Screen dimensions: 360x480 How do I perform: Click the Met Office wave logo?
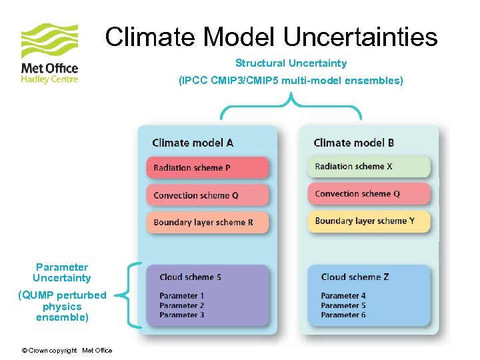(x=49, y=41)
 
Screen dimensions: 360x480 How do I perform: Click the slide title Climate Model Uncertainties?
(x=271, y=37)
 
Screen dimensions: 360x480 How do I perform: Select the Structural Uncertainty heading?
(x=291, y=63)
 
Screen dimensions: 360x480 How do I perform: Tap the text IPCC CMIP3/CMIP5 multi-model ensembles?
(x=291, y=81)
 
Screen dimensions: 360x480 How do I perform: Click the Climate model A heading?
(x=193, y=143)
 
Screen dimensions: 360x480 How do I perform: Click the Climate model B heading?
(x=353, y=143)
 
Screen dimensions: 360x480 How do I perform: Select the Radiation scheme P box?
(x=207, y=168)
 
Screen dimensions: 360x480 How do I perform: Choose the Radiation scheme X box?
(x=369, y=167)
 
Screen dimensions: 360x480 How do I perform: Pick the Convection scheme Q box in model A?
(x=207, y=195)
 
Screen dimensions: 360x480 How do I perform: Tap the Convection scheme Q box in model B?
(x=369, y=194)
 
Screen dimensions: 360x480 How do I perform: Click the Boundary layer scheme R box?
(x=207, y=223)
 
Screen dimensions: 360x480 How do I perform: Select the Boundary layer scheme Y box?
(x=369, y=221)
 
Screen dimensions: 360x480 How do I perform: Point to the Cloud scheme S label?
(x=190, y=277)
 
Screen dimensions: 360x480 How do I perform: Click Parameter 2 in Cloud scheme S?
(x=181, y=305)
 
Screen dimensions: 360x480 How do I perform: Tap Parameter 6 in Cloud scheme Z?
(x=343, y=315)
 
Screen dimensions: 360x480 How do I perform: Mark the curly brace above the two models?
(x=291, y=107)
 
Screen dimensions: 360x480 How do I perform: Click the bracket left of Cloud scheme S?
(x=134, y=295)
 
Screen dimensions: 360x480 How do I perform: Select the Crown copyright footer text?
(x=67, y=351)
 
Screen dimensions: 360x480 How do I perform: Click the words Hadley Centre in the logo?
(x=49, y=79)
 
